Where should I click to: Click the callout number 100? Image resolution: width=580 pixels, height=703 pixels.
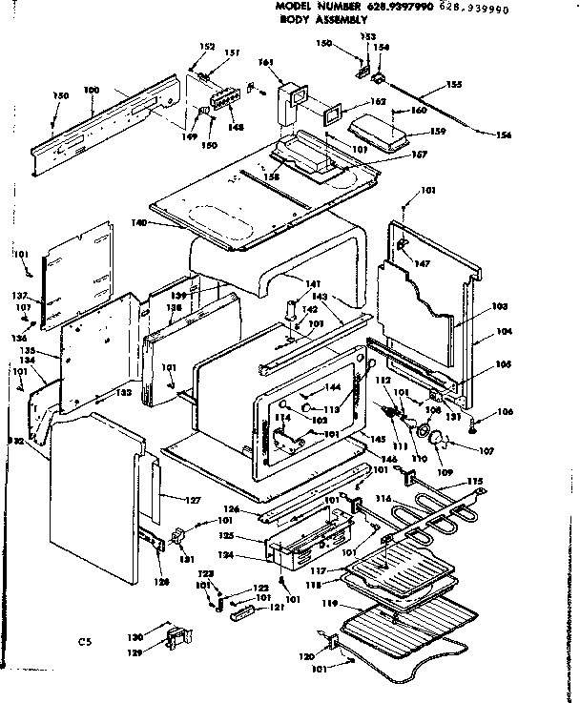pyautogui.click(x=92, y=91)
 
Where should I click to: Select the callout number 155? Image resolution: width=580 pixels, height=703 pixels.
pyautogui.click(x=454, y=86)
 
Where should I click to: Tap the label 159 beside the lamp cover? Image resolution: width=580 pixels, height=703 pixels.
pyautogui.click(x=438, y=131)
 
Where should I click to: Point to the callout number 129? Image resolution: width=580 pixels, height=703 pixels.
pyautogui.click(x=135, y=652)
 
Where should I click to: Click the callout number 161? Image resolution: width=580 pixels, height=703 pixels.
pyautogui.click(x=266, y=63)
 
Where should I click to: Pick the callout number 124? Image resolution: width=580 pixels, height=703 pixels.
pyautogui.click(x=253, y=555)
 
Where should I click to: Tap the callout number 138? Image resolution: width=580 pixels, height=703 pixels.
pyautogui.click(x=174, y=309)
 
